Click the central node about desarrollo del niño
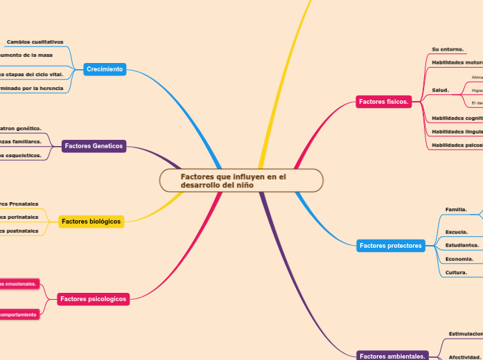tap(241, 181)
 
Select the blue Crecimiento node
tap(105, 69)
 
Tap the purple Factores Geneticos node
tap(94, 146)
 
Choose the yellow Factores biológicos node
tap(91, 222)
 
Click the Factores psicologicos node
tap(94, 299)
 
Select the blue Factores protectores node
tap(391, 246)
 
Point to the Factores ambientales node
tap(392, 356)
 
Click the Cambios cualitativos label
tap(35, 42)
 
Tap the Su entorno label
tap(448, 49)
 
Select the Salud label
tap(441, 90)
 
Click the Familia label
tap(456, 209)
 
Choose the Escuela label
tap(456, 232)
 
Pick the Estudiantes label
tap(462, 245)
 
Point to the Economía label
tap(459, 259)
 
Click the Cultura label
tap(455, 272)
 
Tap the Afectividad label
tap(464, 357)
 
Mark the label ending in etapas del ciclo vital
tap(32, 73)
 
